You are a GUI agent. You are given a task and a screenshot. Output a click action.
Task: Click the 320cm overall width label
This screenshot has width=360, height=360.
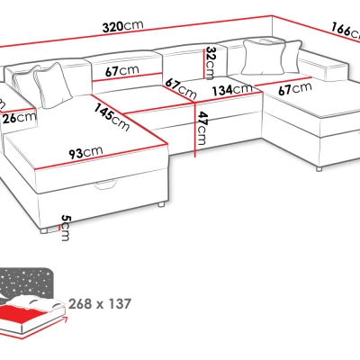coord(122,26)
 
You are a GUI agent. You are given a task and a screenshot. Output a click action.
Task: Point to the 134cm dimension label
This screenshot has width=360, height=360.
coord(232,89)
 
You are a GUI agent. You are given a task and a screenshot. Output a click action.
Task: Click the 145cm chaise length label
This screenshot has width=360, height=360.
coord(112,117)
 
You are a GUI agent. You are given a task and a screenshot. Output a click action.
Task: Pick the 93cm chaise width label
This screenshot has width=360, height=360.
coord(85,152)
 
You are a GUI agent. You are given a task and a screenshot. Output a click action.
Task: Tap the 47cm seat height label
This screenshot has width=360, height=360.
coord(202,128)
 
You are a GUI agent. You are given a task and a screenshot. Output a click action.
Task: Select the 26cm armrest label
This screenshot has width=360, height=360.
coord(20,118)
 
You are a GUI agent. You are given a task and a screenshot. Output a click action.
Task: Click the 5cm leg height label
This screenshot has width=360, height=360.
coord(65,228)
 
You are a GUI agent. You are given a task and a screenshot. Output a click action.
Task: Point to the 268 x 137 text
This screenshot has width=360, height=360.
coord(100,304)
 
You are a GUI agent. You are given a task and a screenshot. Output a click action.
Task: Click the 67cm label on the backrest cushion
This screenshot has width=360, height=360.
coord(122,71)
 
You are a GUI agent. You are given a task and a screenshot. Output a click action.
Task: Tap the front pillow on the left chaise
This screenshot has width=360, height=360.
coord(52,85)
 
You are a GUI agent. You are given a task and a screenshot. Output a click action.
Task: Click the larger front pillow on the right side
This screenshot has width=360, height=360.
coord(263,57)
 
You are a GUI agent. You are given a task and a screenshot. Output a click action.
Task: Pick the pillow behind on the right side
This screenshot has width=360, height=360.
coord(292,57)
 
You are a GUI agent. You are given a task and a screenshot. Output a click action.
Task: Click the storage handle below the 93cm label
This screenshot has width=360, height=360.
coord(104,185)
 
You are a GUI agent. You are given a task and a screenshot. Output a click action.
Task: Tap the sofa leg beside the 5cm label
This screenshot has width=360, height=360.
coord(44,230)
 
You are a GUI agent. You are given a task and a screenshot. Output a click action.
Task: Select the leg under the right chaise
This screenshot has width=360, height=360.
coord(319,169)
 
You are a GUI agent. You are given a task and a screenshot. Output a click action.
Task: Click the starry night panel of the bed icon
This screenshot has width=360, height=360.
coord(26,282)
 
